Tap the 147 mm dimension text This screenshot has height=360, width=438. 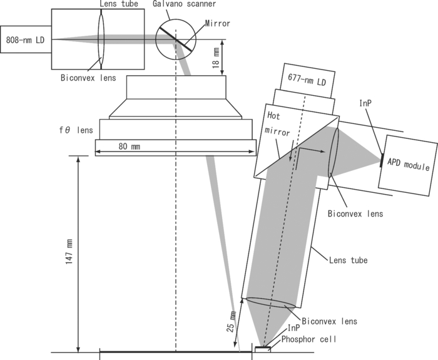(x=69, y=254)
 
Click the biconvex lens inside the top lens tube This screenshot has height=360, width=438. (x=101, y=39)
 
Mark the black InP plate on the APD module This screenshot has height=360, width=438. (x=381, y=161)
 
